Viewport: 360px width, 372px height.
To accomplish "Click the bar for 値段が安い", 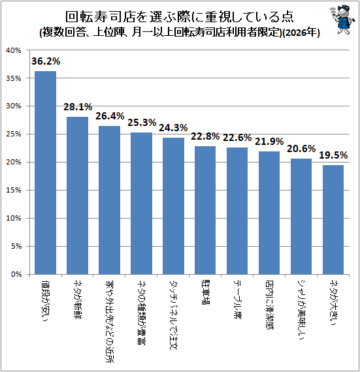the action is click(x=45, y=173).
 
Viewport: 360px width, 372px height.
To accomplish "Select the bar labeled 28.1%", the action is click(x=77, y=196).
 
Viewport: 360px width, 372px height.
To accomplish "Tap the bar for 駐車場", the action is click(x=205, y=210).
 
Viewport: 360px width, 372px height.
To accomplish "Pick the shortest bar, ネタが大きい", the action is click(x=333, y=220).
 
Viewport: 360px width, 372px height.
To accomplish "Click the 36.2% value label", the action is click(x=46, y=61).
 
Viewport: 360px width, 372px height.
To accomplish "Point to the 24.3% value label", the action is click(x=173, y=128).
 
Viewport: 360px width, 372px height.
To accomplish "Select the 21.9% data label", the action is click(x=269, y=142).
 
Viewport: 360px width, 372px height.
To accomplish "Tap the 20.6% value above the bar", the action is click(x=301, y=149).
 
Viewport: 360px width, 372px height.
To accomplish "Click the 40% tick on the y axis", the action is click(x=14, y=50).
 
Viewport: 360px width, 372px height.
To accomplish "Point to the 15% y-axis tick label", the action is click(x=14, y=191).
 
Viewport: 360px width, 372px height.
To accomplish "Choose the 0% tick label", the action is click(x=16, y=274).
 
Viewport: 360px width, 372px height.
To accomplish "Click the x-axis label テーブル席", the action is click(x=237, y=300).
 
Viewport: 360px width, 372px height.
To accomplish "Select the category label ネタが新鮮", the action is click(x=77, y=300).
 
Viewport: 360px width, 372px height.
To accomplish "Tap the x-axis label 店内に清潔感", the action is click(x=269, y=305).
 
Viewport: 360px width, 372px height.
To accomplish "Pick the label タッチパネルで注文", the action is click(x=173, y=315).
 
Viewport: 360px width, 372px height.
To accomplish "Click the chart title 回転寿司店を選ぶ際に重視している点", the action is click(x=180, y=17).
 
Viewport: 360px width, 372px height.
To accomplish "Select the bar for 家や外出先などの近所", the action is click(x=110, y=200).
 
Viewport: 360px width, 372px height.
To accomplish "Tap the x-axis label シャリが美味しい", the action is click(x=301, y=310).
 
